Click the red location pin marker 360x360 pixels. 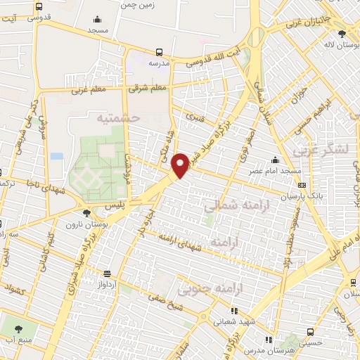180,165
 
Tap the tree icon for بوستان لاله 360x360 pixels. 342,33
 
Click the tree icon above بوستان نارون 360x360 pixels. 86,213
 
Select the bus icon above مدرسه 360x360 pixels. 160,51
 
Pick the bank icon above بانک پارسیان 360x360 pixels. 302,185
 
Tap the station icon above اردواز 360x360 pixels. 108,274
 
